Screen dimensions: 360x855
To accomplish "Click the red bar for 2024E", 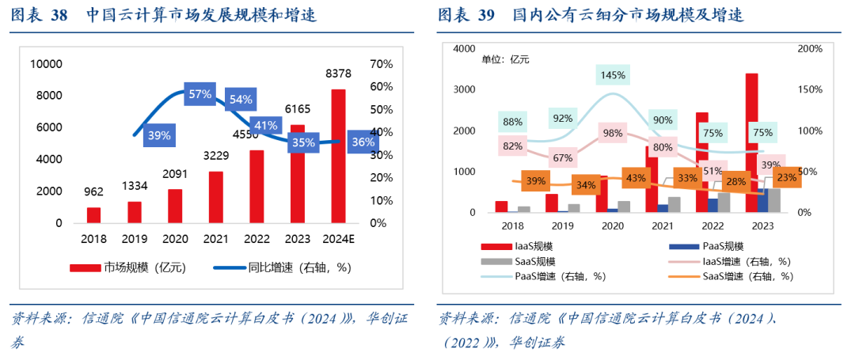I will (x=338, y=157).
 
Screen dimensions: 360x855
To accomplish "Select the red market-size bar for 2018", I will (x=93, y=215).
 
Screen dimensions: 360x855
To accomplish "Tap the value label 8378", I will (x=338, y=74).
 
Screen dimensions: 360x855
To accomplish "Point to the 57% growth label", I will (x=200, y=94).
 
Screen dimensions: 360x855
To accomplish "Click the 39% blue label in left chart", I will (x=159, y=135).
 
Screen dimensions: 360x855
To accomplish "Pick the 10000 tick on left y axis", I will (x=45, y=63).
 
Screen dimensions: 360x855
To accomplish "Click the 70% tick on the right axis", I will (x=381, y=63).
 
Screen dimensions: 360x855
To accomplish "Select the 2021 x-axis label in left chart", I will (x=215, y=238).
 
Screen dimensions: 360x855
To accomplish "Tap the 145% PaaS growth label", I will (x=614, y=75).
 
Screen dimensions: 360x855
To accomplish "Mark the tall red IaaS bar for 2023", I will (x=752, y=142).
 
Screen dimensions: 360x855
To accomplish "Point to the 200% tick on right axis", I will (x=808, y=49).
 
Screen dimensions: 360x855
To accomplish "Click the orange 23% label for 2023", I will (x=787, y=178).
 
